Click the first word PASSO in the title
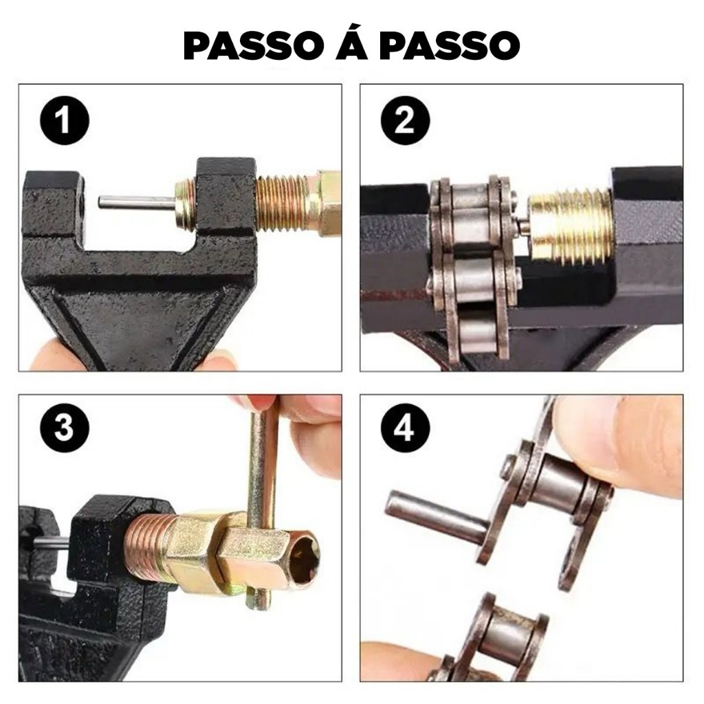(x=254, y=45)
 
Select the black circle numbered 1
(x=65, y=120)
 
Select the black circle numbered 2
(x=405, y=120)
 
